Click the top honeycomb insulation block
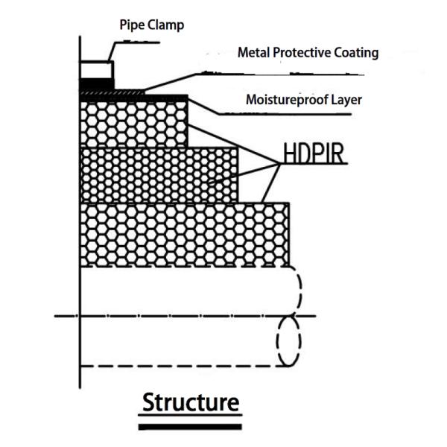(134, 123)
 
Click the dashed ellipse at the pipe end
(288, 340)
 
